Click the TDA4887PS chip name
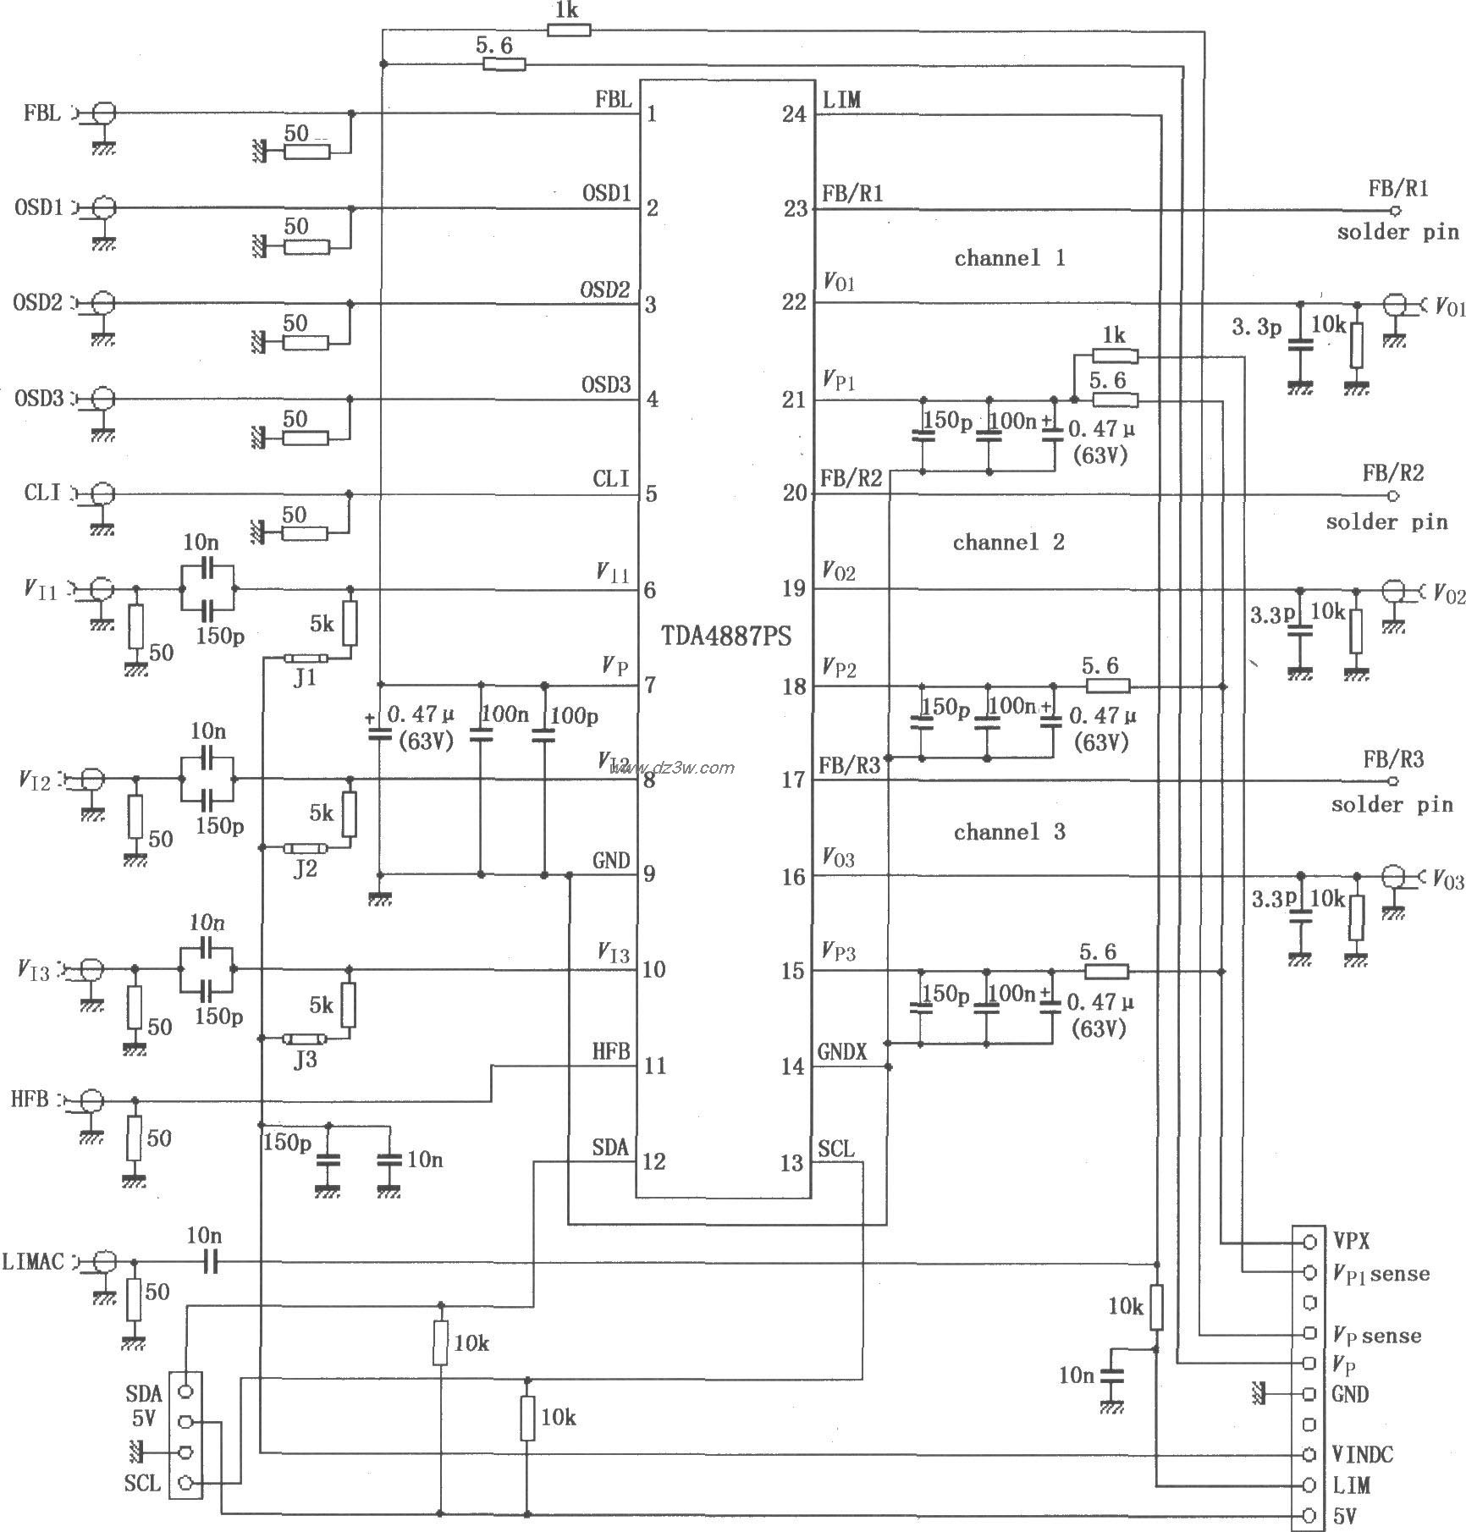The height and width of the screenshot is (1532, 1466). point(726,636)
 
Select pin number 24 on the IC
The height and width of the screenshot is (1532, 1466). point(794,114)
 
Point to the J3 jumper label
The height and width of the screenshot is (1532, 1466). point(305,1060)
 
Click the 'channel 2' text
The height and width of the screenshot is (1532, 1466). point(1008,543)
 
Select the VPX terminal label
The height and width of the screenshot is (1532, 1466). point(1353,1242)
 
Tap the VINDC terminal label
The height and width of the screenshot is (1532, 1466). point(1363,1454)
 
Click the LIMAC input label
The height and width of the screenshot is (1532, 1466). point(33,1262)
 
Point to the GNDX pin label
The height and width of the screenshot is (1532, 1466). point(842,1052)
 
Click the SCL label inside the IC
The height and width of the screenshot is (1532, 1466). point(836,1149)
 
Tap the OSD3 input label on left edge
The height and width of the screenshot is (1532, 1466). point(38,398)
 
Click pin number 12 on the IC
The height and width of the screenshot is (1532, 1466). point(654,1161)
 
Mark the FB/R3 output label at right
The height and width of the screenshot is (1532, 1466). point(1392,759)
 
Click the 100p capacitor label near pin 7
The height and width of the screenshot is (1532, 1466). point(574,716)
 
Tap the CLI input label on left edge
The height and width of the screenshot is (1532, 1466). point(42,493)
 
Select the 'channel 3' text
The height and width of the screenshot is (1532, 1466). point(1009,832)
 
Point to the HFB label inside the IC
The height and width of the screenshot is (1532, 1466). point(611,1052)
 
